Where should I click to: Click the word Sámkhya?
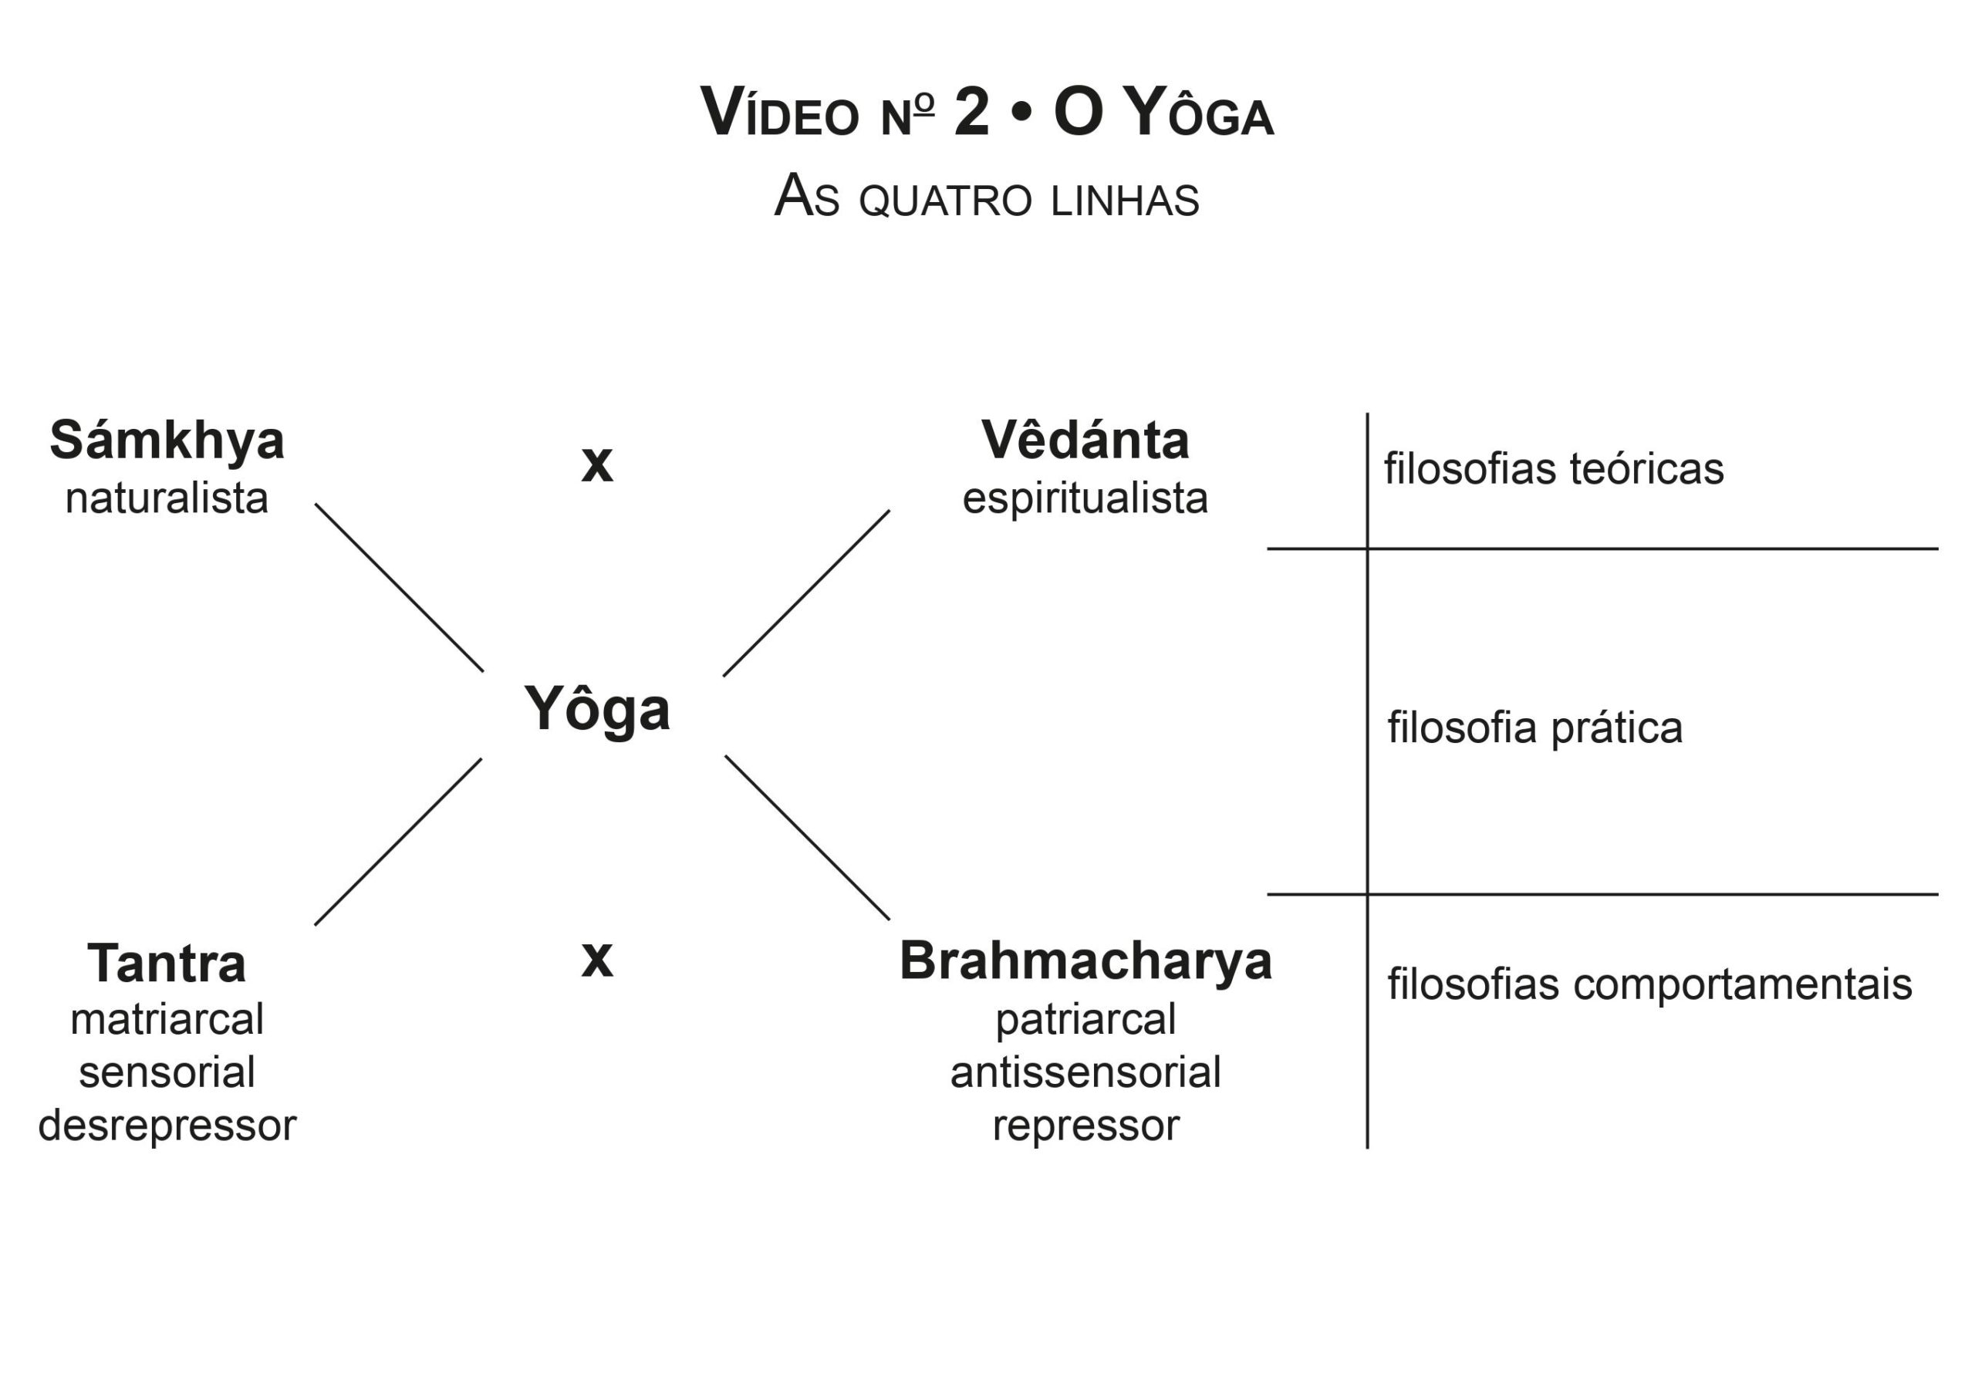coord(167,441)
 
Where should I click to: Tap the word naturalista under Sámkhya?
coord(167,498)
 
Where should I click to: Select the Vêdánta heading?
coord(1085,441)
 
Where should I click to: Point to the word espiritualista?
coord(1085,499)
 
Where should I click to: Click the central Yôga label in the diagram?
coord(597,710)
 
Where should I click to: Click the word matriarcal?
coord(167,1020)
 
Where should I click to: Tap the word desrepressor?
coord(167,1126)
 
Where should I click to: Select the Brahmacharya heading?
coord(1085,961)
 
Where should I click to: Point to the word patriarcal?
coord(1085,1021)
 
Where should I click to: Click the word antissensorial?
coord(1085,1073)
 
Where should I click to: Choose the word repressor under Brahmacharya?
coord(1085,1126)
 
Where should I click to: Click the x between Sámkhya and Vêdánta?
coord(597,464)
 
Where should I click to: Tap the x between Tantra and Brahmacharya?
coord(597,958)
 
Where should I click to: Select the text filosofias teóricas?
coord(1554,470)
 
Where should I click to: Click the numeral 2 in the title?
coord(971,113)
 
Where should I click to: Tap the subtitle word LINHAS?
coord(1124,201)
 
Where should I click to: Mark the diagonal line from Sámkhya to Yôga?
coord(399,588)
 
